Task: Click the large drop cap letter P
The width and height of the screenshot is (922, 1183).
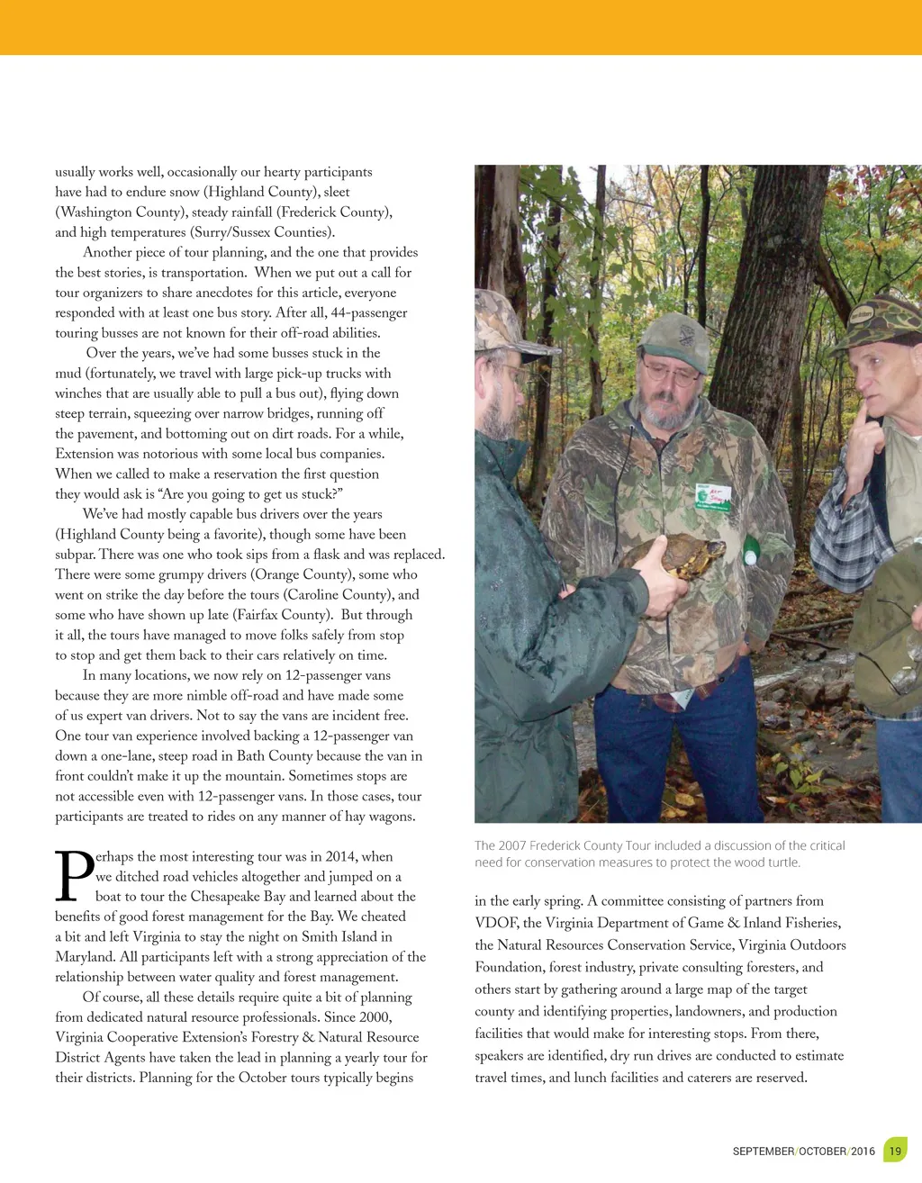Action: coord(75,875)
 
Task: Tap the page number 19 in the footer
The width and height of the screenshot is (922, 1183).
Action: coord(895,1151)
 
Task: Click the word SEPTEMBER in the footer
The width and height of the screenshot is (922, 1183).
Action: coord(763,1151)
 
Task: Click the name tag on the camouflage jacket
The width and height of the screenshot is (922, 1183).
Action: coord(713,496)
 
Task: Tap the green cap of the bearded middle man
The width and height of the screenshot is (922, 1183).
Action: coord(674,341)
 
